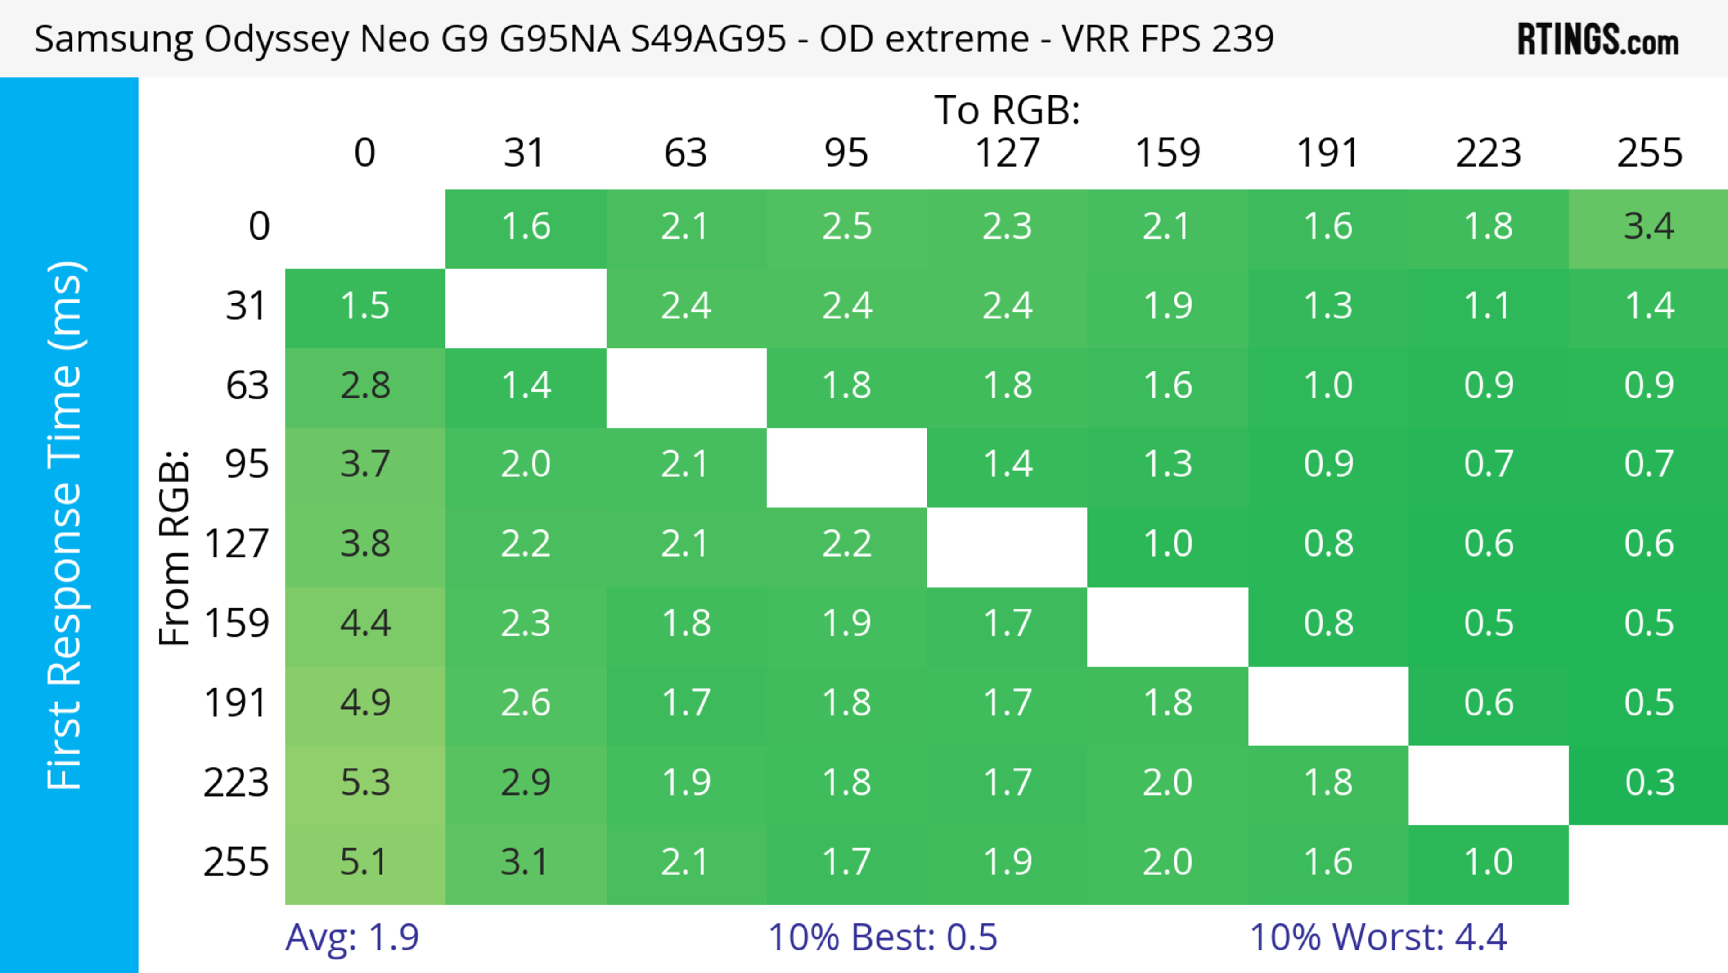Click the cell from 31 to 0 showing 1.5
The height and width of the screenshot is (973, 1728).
(365, 307)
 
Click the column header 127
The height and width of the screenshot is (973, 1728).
(1007, 153)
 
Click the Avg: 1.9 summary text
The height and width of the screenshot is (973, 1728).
(352, 937)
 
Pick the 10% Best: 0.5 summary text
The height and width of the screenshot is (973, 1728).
(882, 937)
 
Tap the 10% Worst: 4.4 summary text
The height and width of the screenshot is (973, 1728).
(1378, 937)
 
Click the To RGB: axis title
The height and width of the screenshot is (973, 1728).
(1007, 110)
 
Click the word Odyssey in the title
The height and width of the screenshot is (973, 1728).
(276, 39)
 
